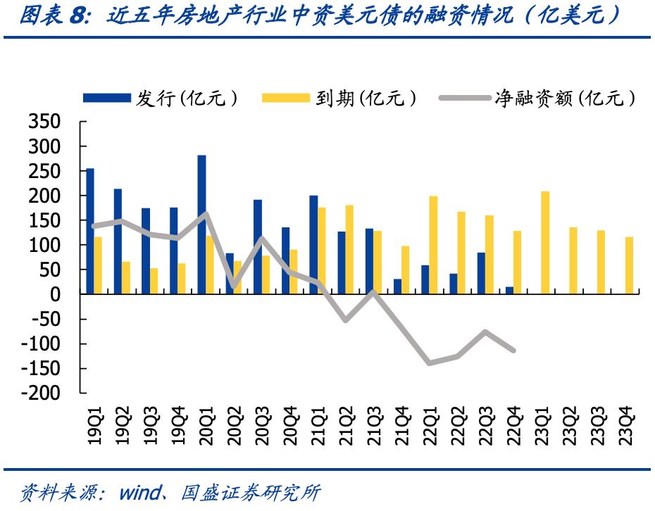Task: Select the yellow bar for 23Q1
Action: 545,242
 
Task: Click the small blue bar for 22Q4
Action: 509,290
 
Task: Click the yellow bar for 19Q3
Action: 154,281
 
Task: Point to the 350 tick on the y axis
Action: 44,122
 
